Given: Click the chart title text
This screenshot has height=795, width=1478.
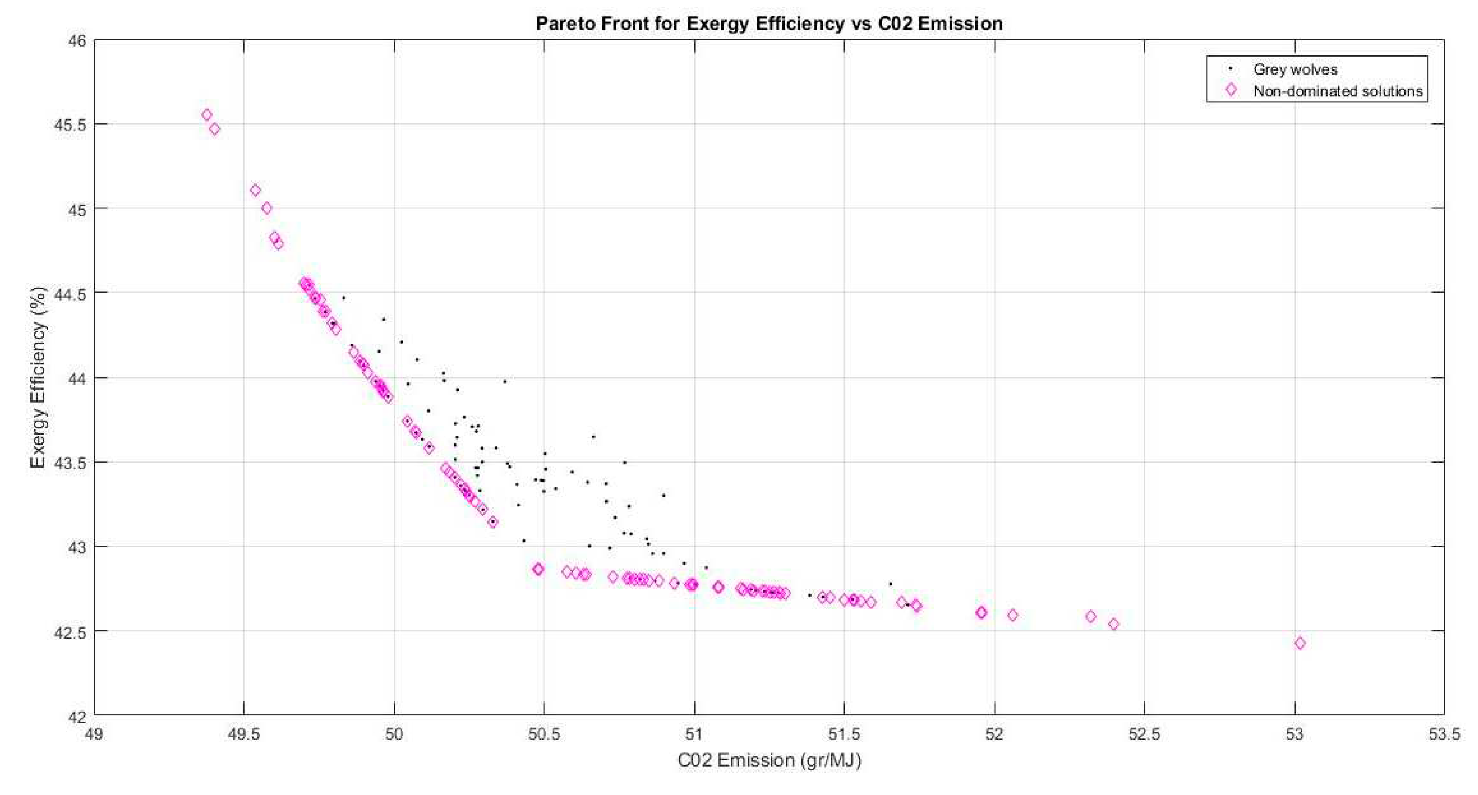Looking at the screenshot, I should [x=769, y=24].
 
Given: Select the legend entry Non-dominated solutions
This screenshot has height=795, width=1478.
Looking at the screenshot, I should [x=1337, y=91].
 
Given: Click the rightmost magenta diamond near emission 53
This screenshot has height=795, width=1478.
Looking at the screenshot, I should [x=1300, y=643].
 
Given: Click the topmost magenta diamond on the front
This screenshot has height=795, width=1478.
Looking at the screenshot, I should [x=207, y=115].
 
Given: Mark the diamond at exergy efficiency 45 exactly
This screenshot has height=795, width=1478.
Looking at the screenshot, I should [x=267, y=208].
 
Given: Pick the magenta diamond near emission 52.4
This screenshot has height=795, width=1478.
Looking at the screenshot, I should [x=1113, y=624].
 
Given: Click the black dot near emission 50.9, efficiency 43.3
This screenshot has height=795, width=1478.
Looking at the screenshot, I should [x=664, y=495].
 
